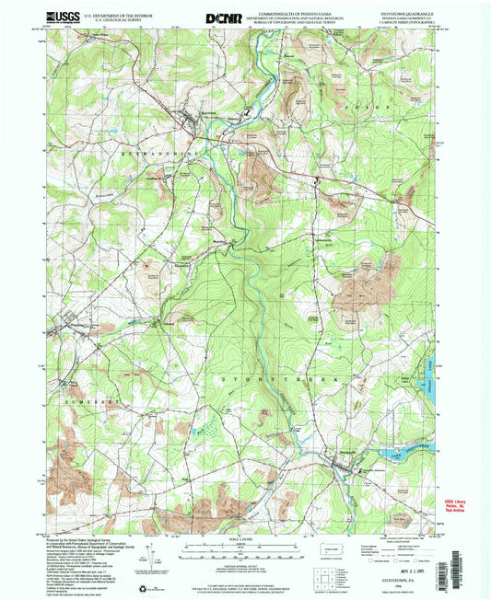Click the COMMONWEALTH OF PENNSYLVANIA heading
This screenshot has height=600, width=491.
(x=296, y=9)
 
